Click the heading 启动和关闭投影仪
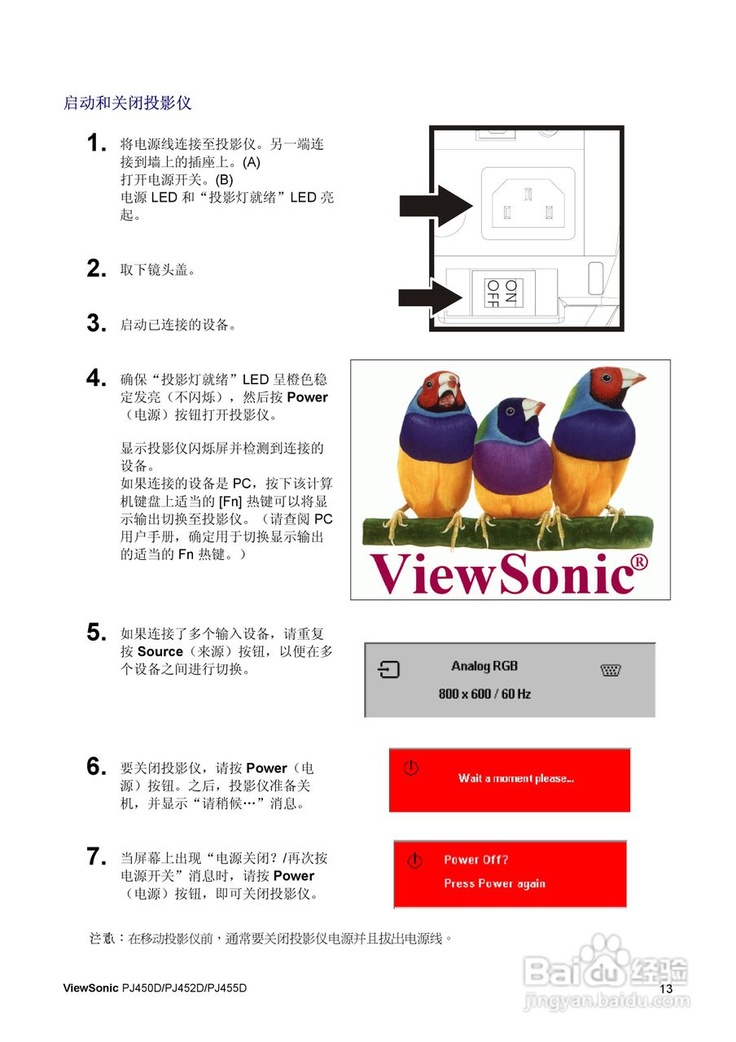127,103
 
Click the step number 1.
97,143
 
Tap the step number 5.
97,633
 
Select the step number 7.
97,856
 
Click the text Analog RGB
484,666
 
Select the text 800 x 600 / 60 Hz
484,694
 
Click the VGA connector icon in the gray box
611,670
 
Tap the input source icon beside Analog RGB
390,669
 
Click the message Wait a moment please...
515,778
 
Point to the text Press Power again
494,883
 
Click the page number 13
666,988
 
